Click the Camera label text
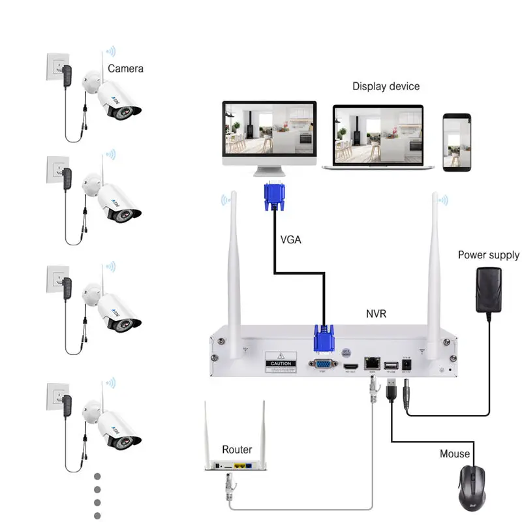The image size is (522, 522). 125,68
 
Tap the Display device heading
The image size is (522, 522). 386,86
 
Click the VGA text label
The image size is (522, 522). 291,239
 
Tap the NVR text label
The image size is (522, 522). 376,314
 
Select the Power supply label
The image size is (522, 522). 488,255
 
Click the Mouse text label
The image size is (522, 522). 454,453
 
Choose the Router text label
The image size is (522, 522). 237,450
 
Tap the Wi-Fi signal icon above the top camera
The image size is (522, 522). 111,50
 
